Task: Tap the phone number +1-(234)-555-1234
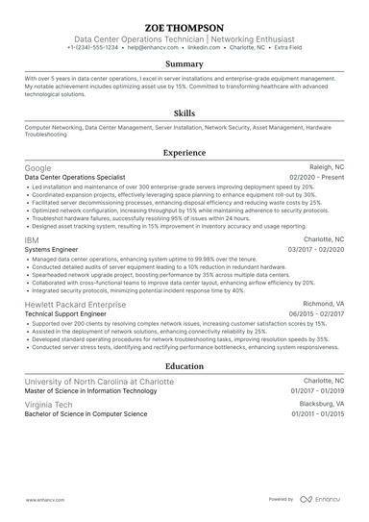click(93, 46)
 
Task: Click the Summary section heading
click(184, 64)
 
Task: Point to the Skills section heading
click(184, 112)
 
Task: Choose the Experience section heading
click(184, 152)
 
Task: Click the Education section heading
click(184, 366)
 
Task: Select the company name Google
click(37, 167)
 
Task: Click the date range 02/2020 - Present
click(316, 177)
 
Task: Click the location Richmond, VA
click(322, 302)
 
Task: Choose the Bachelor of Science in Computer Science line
click(86, 414)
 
